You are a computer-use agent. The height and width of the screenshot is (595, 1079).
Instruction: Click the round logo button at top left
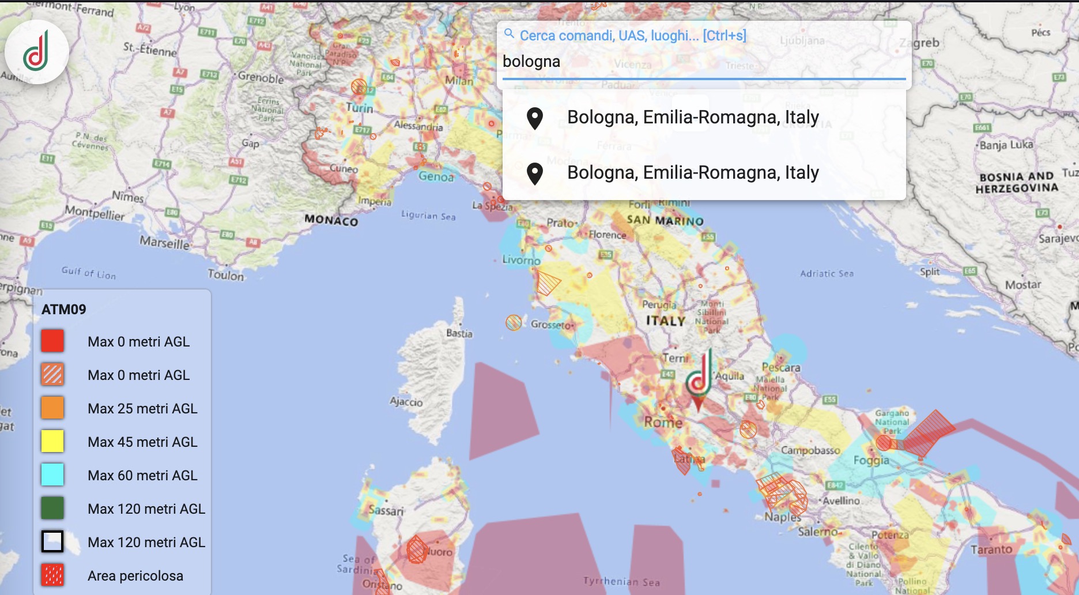click(36, 52)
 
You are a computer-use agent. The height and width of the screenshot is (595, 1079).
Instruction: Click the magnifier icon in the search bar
click(509, 34)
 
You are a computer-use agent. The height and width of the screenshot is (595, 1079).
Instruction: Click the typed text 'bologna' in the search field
click(531, 62)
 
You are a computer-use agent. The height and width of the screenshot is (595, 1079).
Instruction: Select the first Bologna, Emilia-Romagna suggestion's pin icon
click(535, 118)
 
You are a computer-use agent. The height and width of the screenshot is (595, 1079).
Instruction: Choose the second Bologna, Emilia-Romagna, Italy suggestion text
click(693, 172)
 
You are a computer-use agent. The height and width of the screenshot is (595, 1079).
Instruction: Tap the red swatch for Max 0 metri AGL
click(52, 341)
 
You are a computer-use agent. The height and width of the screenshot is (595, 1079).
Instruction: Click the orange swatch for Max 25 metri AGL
click(52, 408)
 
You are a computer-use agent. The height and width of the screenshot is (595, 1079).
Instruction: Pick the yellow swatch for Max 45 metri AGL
click(52, 442)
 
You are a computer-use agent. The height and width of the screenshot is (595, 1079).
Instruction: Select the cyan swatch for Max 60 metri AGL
click(52, 475)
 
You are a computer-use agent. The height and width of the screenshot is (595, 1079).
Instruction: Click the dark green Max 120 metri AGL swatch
click(52, 509)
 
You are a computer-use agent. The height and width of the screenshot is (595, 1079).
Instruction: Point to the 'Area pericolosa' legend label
click(135, 575)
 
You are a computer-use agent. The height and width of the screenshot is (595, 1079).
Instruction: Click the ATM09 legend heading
click(64, 310)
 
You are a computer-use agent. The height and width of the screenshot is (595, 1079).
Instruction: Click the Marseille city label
click(164, 243)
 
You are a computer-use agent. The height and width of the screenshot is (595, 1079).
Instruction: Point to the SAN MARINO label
click(665, 220)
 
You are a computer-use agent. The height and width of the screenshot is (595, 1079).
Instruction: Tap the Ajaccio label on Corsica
click(406, 402)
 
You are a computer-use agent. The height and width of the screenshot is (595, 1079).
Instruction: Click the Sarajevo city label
click(1058, 238)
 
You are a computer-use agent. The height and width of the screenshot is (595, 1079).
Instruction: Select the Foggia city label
click(871, 460)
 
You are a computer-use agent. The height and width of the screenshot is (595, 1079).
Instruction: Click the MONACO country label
click(331, 220)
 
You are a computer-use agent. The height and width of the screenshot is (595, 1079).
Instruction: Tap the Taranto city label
click(991, 549)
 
